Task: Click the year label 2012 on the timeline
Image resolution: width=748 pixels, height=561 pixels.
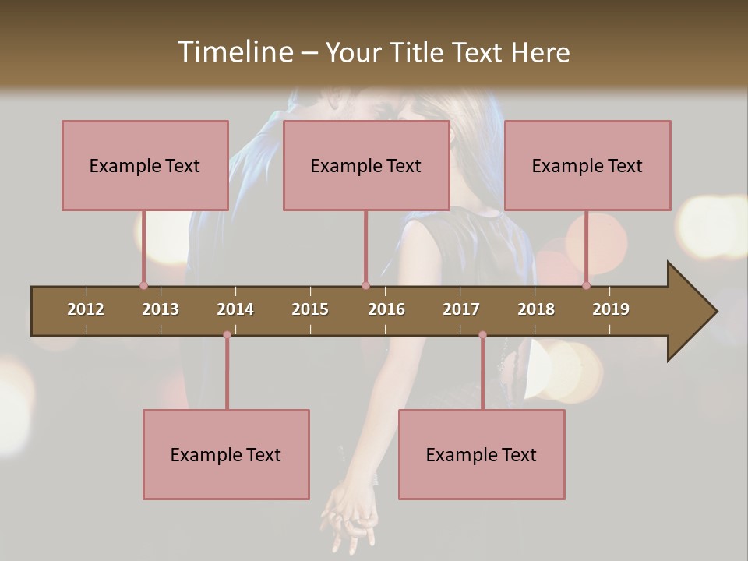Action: click(86, 309)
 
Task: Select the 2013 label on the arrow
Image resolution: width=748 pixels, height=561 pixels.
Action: click(161, 309)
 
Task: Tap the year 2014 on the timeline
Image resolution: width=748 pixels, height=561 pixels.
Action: click(235, 309)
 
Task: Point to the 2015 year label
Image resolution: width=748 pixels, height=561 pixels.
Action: click(310, 309)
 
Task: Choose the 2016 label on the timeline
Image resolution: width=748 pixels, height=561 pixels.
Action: click(386, 309)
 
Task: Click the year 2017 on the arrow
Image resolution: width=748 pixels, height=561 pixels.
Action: click(461, 309)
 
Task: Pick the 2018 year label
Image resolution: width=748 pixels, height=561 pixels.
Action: click(536, 309)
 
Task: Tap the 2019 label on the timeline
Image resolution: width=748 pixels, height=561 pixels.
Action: click(611, 309)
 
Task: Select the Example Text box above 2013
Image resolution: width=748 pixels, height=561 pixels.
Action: click(145, 165)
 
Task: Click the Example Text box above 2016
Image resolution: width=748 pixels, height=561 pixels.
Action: click(366, 165)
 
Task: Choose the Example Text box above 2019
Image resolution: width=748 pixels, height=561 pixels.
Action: click(587, 165)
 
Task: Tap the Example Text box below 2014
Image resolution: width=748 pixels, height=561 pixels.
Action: click(226, 454)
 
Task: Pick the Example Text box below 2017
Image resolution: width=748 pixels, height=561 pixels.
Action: click(482, 454)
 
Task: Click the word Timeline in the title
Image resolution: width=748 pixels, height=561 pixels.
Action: click(235, 52)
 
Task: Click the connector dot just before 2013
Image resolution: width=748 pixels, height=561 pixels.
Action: click(143, 286)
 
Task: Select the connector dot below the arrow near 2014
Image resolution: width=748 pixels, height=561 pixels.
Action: click(227, 335)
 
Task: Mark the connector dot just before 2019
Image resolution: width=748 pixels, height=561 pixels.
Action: click(586, 286)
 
